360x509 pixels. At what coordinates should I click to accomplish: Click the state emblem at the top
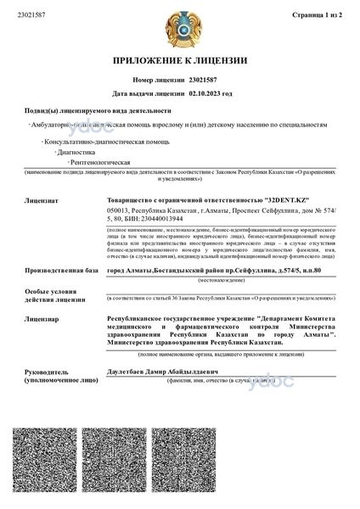(x=179, y=27)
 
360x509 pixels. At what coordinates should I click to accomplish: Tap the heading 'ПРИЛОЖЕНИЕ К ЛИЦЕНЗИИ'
(x=179, y=61)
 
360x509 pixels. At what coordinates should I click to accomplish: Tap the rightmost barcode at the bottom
(x=312, y=465)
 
